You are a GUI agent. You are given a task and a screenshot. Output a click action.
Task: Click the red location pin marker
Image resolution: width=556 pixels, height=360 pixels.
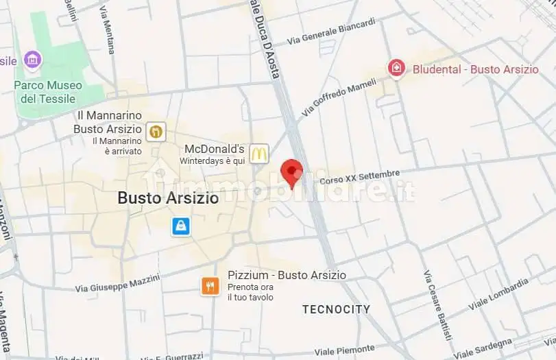[x=293, y=171]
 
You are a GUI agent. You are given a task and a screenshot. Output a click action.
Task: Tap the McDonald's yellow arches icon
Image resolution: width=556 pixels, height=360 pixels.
[x=258, y=154]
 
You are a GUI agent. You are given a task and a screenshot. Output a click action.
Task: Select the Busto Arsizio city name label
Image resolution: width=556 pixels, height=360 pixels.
[x=168, y=198]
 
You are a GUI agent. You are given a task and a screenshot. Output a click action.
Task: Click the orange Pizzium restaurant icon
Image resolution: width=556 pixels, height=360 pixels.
[x=210, y=286]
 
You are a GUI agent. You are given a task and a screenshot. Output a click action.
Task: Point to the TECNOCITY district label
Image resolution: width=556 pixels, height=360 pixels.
[x=336, y=309]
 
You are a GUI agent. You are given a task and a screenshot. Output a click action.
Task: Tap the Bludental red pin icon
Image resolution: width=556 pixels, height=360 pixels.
[x=396, y=68]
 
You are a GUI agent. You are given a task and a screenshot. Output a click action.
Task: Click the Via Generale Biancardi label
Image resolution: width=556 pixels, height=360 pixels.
[x=332, y=32]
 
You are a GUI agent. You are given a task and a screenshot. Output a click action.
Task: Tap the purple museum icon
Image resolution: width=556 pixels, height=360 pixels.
[x=32, y=60]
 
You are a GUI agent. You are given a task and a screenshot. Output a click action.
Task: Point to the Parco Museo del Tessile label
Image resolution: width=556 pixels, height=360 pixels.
[x=48, y=92]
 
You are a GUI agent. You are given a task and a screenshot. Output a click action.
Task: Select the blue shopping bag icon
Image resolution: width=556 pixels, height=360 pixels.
[x=180, y=226]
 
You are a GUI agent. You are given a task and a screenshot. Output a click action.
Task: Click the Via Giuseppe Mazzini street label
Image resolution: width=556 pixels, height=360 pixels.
[x=117, y=283]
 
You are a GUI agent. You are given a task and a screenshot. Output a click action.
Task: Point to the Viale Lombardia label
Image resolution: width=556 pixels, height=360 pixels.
[x=498, y=293]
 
